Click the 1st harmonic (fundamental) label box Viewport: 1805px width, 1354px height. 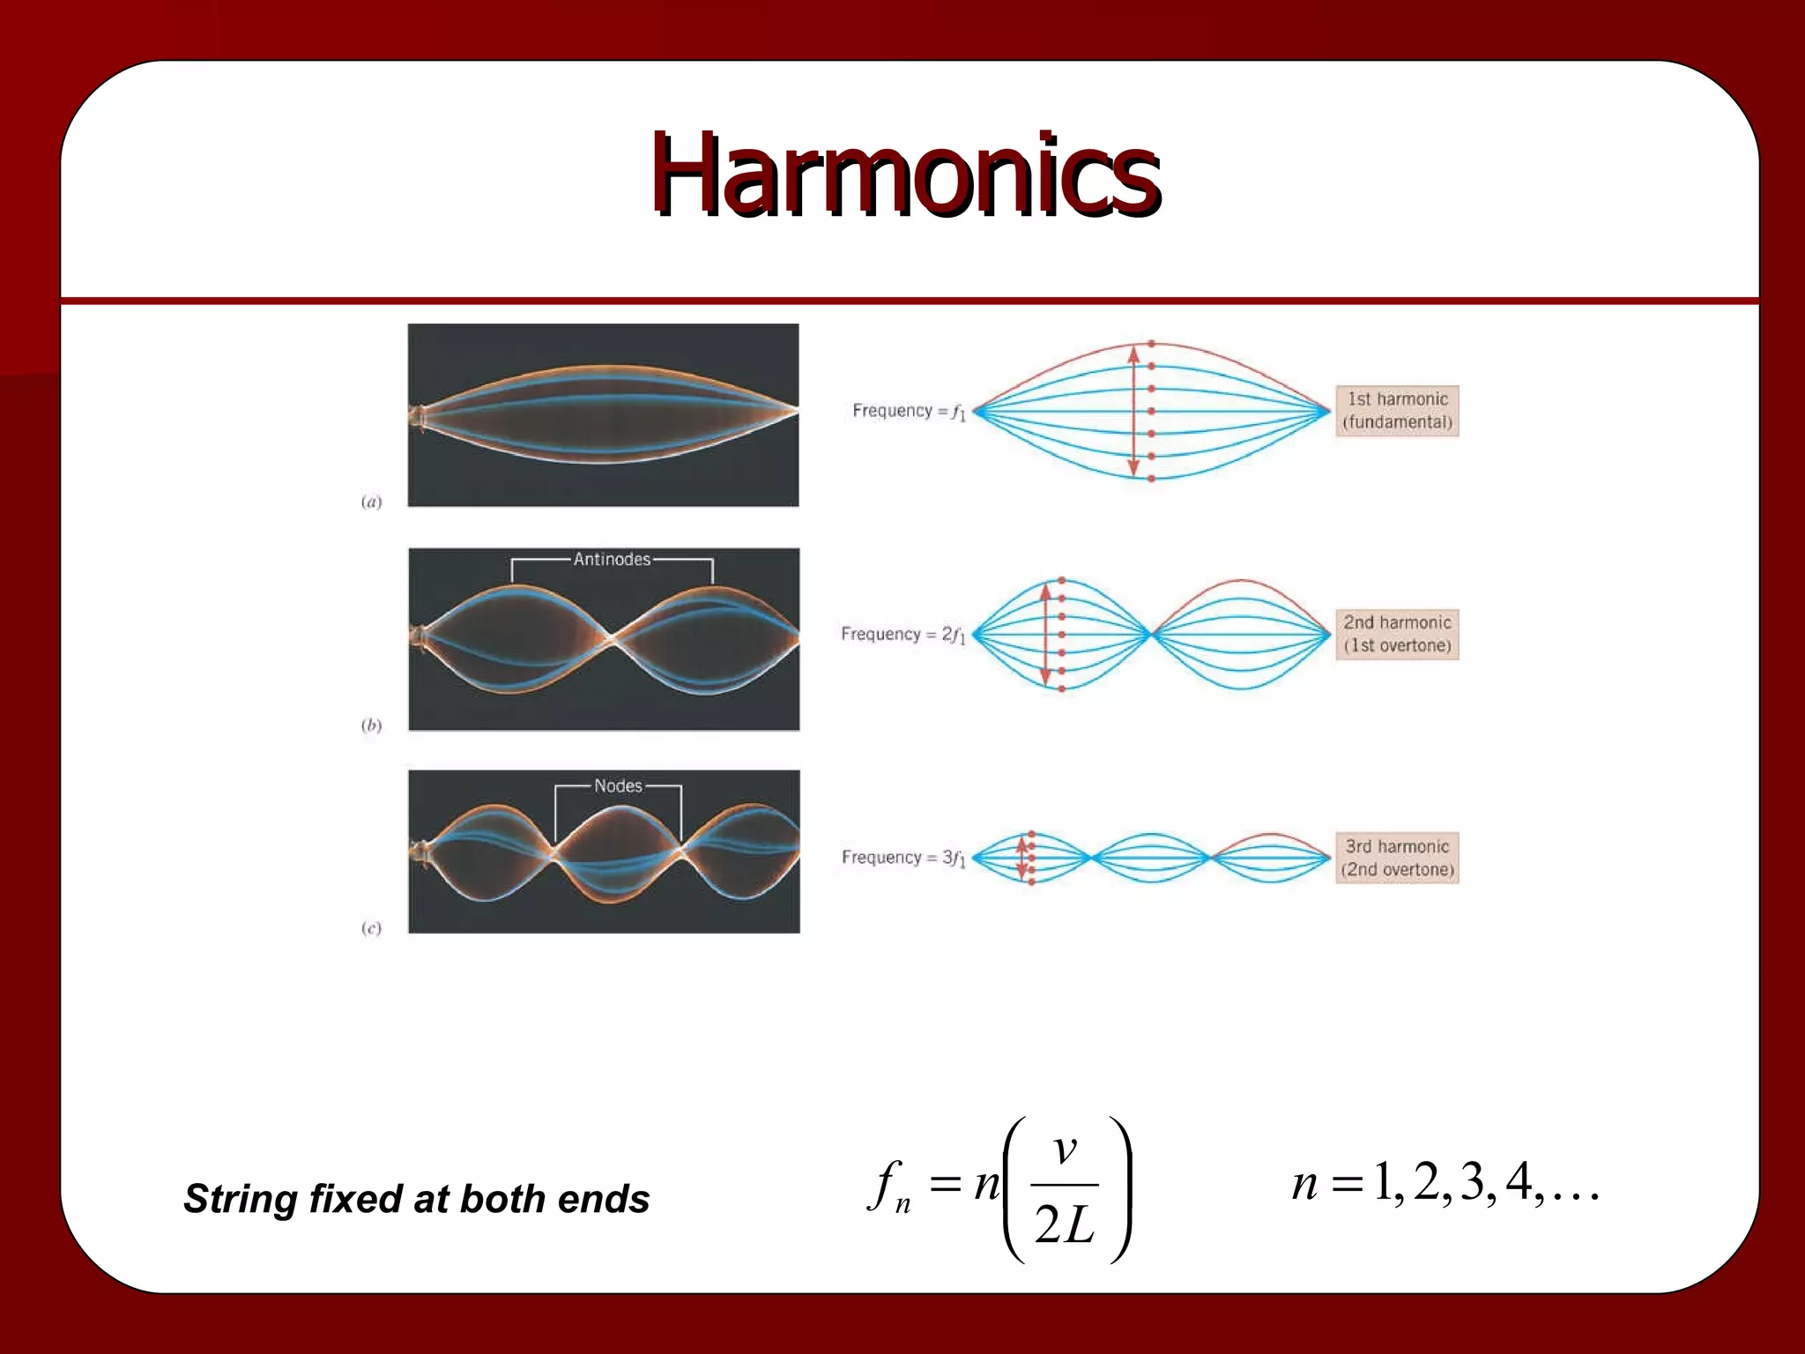tap(1397, 411)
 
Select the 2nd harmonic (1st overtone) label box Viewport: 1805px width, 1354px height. tap(1397, 634)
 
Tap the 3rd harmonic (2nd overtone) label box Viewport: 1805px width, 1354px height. tap(1397, 858)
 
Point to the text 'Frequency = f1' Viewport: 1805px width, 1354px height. tap(908, 412)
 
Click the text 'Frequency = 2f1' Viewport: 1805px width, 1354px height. tap(902, 635)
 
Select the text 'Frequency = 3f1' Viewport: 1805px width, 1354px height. tap(902, 858)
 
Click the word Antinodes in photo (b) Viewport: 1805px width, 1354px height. tap(612, 560)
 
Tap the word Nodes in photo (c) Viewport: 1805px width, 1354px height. tap(618, 786)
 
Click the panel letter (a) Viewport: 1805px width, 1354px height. tap(371, 502)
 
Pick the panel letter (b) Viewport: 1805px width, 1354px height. tap(371, 725)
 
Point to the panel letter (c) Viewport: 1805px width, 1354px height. tap(371, 928)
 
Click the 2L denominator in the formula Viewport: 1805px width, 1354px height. tap(1065, 1225)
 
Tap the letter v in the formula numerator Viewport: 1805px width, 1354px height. tap(1066, 1149)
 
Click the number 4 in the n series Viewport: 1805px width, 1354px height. tap(1518, 1182)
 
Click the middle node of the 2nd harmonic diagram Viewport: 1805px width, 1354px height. tap(1152, 634)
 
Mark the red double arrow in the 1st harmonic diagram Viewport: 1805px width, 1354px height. tap(1134, 411)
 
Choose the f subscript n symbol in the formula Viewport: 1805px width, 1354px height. tap(888, 1187)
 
